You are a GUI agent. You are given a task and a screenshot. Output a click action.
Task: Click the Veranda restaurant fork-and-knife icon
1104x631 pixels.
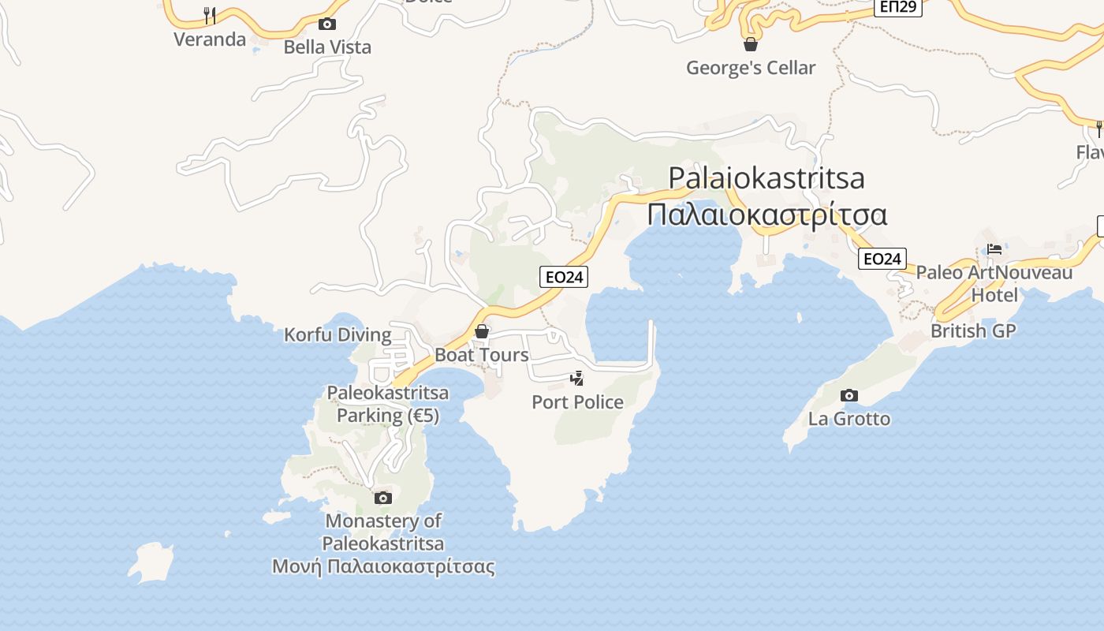(210, 15)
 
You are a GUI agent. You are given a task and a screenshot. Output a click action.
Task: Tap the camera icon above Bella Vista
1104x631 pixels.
(327, 24)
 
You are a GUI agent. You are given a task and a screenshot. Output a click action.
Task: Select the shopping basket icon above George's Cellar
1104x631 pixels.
(751, 44)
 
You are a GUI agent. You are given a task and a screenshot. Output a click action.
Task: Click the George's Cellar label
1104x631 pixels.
(751, 68)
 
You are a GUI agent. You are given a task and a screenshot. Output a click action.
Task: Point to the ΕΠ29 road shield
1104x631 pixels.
(898, 7)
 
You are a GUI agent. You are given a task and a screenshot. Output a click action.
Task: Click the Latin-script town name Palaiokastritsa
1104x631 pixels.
(766, 178)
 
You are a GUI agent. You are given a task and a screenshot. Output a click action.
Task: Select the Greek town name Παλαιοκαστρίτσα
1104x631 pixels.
(767, 215)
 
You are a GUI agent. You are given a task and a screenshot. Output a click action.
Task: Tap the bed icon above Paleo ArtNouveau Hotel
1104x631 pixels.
(994, 249)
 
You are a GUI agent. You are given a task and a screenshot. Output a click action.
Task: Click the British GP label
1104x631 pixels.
(973, 330)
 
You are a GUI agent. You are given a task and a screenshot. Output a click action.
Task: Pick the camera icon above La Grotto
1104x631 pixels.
(849, 395)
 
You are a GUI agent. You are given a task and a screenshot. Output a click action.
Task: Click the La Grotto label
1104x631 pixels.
(849, 419)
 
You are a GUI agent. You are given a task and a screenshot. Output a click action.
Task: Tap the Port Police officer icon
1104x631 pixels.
(577, 379)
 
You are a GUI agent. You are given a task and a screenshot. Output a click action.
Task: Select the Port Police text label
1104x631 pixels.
(577, 402)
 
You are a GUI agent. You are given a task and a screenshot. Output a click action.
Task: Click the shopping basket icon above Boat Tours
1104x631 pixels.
(482, 331)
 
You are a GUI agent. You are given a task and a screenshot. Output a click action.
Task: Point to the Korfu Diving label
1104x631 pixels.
(338, 334)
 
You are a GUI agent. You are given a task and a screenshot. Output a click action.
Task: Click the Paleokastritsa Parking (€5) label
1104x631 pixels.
(388, 404)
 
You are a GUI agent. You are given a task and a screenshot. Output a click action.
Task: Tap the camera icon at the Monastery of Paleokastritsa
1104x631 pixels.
(383, 498)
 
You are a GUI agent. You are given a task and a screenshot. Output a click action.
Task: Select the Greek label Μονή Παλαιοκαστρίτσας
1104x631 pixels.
(383, 566)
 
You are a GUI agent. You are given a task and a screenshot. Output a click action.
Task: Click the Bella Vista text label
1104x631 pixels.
(327, 47)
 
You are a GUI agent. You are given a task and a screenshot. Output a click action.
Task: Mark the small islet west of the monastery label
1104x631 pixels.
(152, 562)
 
